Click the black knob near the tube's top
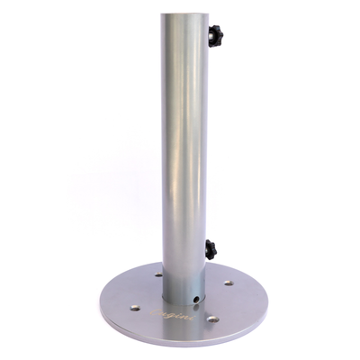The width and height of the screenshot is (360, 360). pos(215,36)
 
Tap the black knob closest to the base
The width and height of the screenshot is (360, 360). pos(211,249)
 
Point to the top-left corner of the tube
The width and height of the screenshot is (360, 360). pos(163,14)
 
